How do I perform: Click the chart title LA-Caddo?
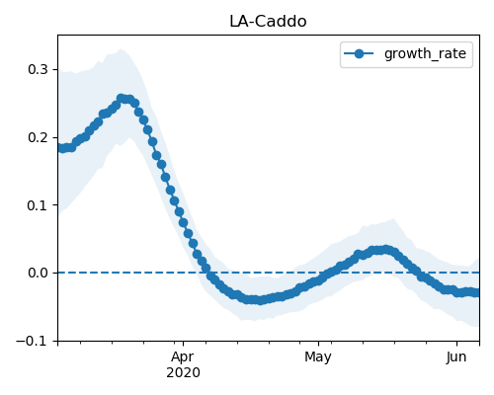268,22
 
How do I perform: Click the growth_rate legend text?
425,53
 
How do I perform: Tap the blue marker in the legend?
359,53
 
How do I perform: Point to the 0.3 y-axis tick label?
38,69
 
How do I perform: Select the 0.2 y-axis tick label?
38,137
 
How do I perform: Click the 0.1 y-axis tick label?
38,205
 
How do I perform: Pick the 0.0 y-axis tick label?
38,273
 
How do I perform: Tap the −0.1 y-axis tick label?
32,341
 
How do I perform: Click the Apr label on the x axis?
183,356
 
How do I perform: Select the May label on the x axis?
318,356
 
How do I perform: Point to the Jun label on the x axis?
456,356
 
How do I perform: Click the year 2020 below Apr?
183,372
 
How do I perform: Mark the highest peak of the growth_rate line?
122,98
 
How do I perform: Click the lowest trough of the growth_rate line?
260,300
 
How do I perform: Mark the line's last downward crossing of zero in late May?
418,273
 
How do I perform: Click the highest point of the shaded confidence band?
121,49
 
